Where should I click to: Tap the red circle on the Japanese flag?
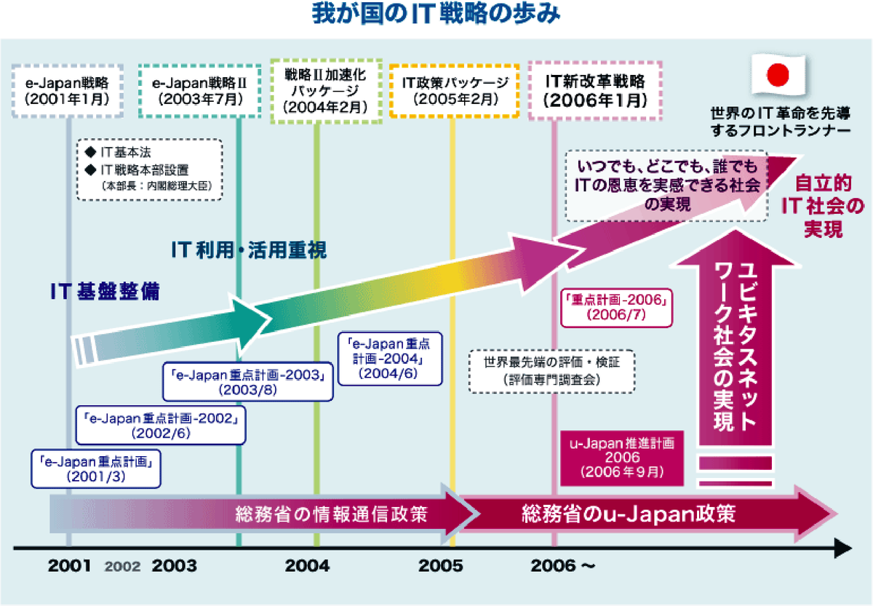point(778,74)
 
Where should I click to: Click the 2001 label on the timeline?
point(71,566)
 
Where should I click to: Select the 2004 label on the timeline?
point(307,566)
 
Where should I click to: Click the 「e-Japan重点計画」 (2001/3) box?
point(95,469)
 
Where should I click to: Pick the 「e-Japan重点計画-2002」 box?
point(162,426)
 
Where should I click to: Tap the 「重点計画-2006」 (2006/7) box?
point(617,306)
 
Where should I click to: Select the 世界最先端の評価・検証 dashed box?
point(550,370)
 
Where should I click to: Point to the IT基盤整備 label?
point(105,292)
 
